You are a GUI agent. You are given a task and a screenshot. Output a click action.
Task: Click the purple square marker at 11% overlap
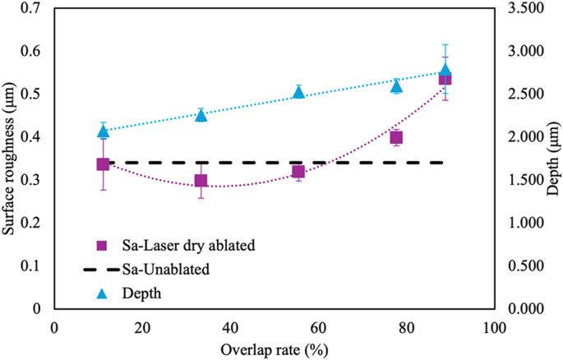tap(103, 164)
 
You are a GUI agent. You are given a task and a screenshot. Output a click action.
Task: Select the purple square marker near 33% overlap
tap(201, 180)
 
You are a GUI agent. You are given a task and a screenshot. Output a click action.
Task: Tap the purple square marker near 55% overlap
tap(298, 171)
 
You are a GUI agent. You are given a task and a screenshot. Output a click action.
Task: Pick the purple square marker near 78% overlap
tap(396, 137)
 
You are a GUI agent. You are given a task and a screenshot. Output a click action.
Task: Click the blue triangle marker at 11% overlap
tap(103, 131)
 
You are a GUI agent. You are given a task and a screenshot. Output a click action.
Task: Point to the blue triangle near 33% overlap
tap(201, 115)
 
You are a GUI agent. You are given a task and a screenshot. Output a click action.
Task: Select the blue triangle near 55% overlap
tap(298, 92)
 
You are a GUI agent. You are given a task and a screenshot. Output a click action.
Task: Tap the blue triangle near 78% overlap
tap(396, 86)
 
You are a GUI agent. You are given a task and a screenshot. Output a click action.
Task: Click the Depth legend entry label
tap(141, 292)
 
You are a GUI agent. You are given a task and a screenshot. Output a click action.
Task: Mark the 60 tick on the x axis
tap(318, 327)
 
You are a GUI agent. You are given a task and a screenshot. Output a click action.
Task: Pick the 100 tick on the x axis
tap(493, 327)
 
